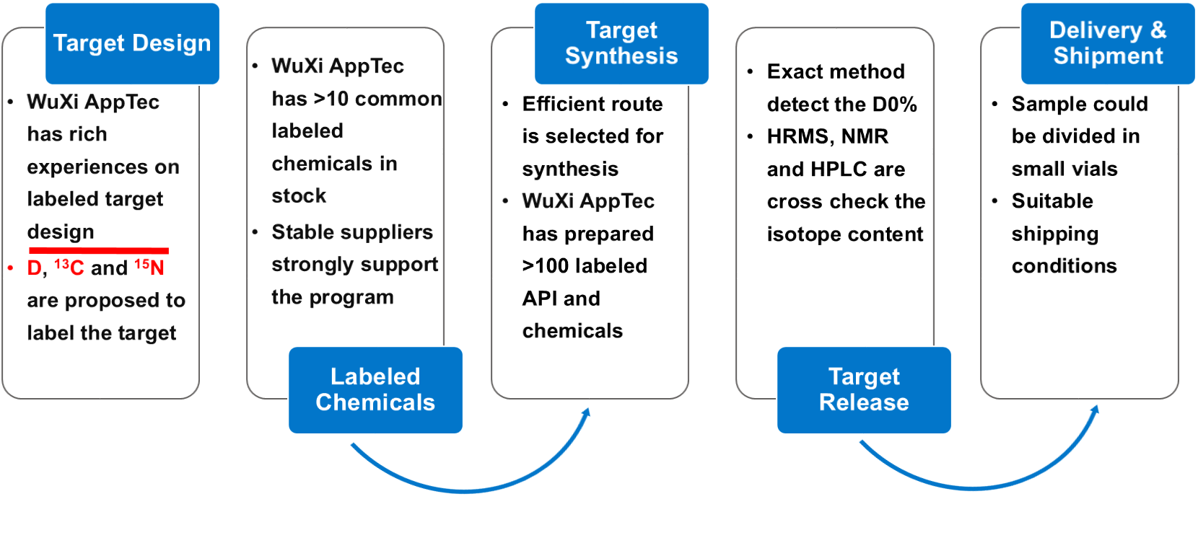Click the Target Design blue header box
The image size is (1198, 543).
point(132,43)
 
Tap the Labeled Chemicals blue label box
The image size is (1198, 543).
point(375,389)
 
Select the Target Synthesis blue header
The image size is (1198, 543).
point(621,43)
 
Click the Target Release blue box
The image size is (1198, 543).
point(864,389)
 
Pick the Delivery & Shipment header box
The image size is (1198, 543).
point(1108,43)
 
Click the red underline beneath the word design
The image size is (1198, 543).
point(98,250)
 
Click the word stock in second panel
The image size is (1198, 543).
point(299,196)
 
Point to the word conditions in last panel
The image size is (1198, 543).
point(1064,266)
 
